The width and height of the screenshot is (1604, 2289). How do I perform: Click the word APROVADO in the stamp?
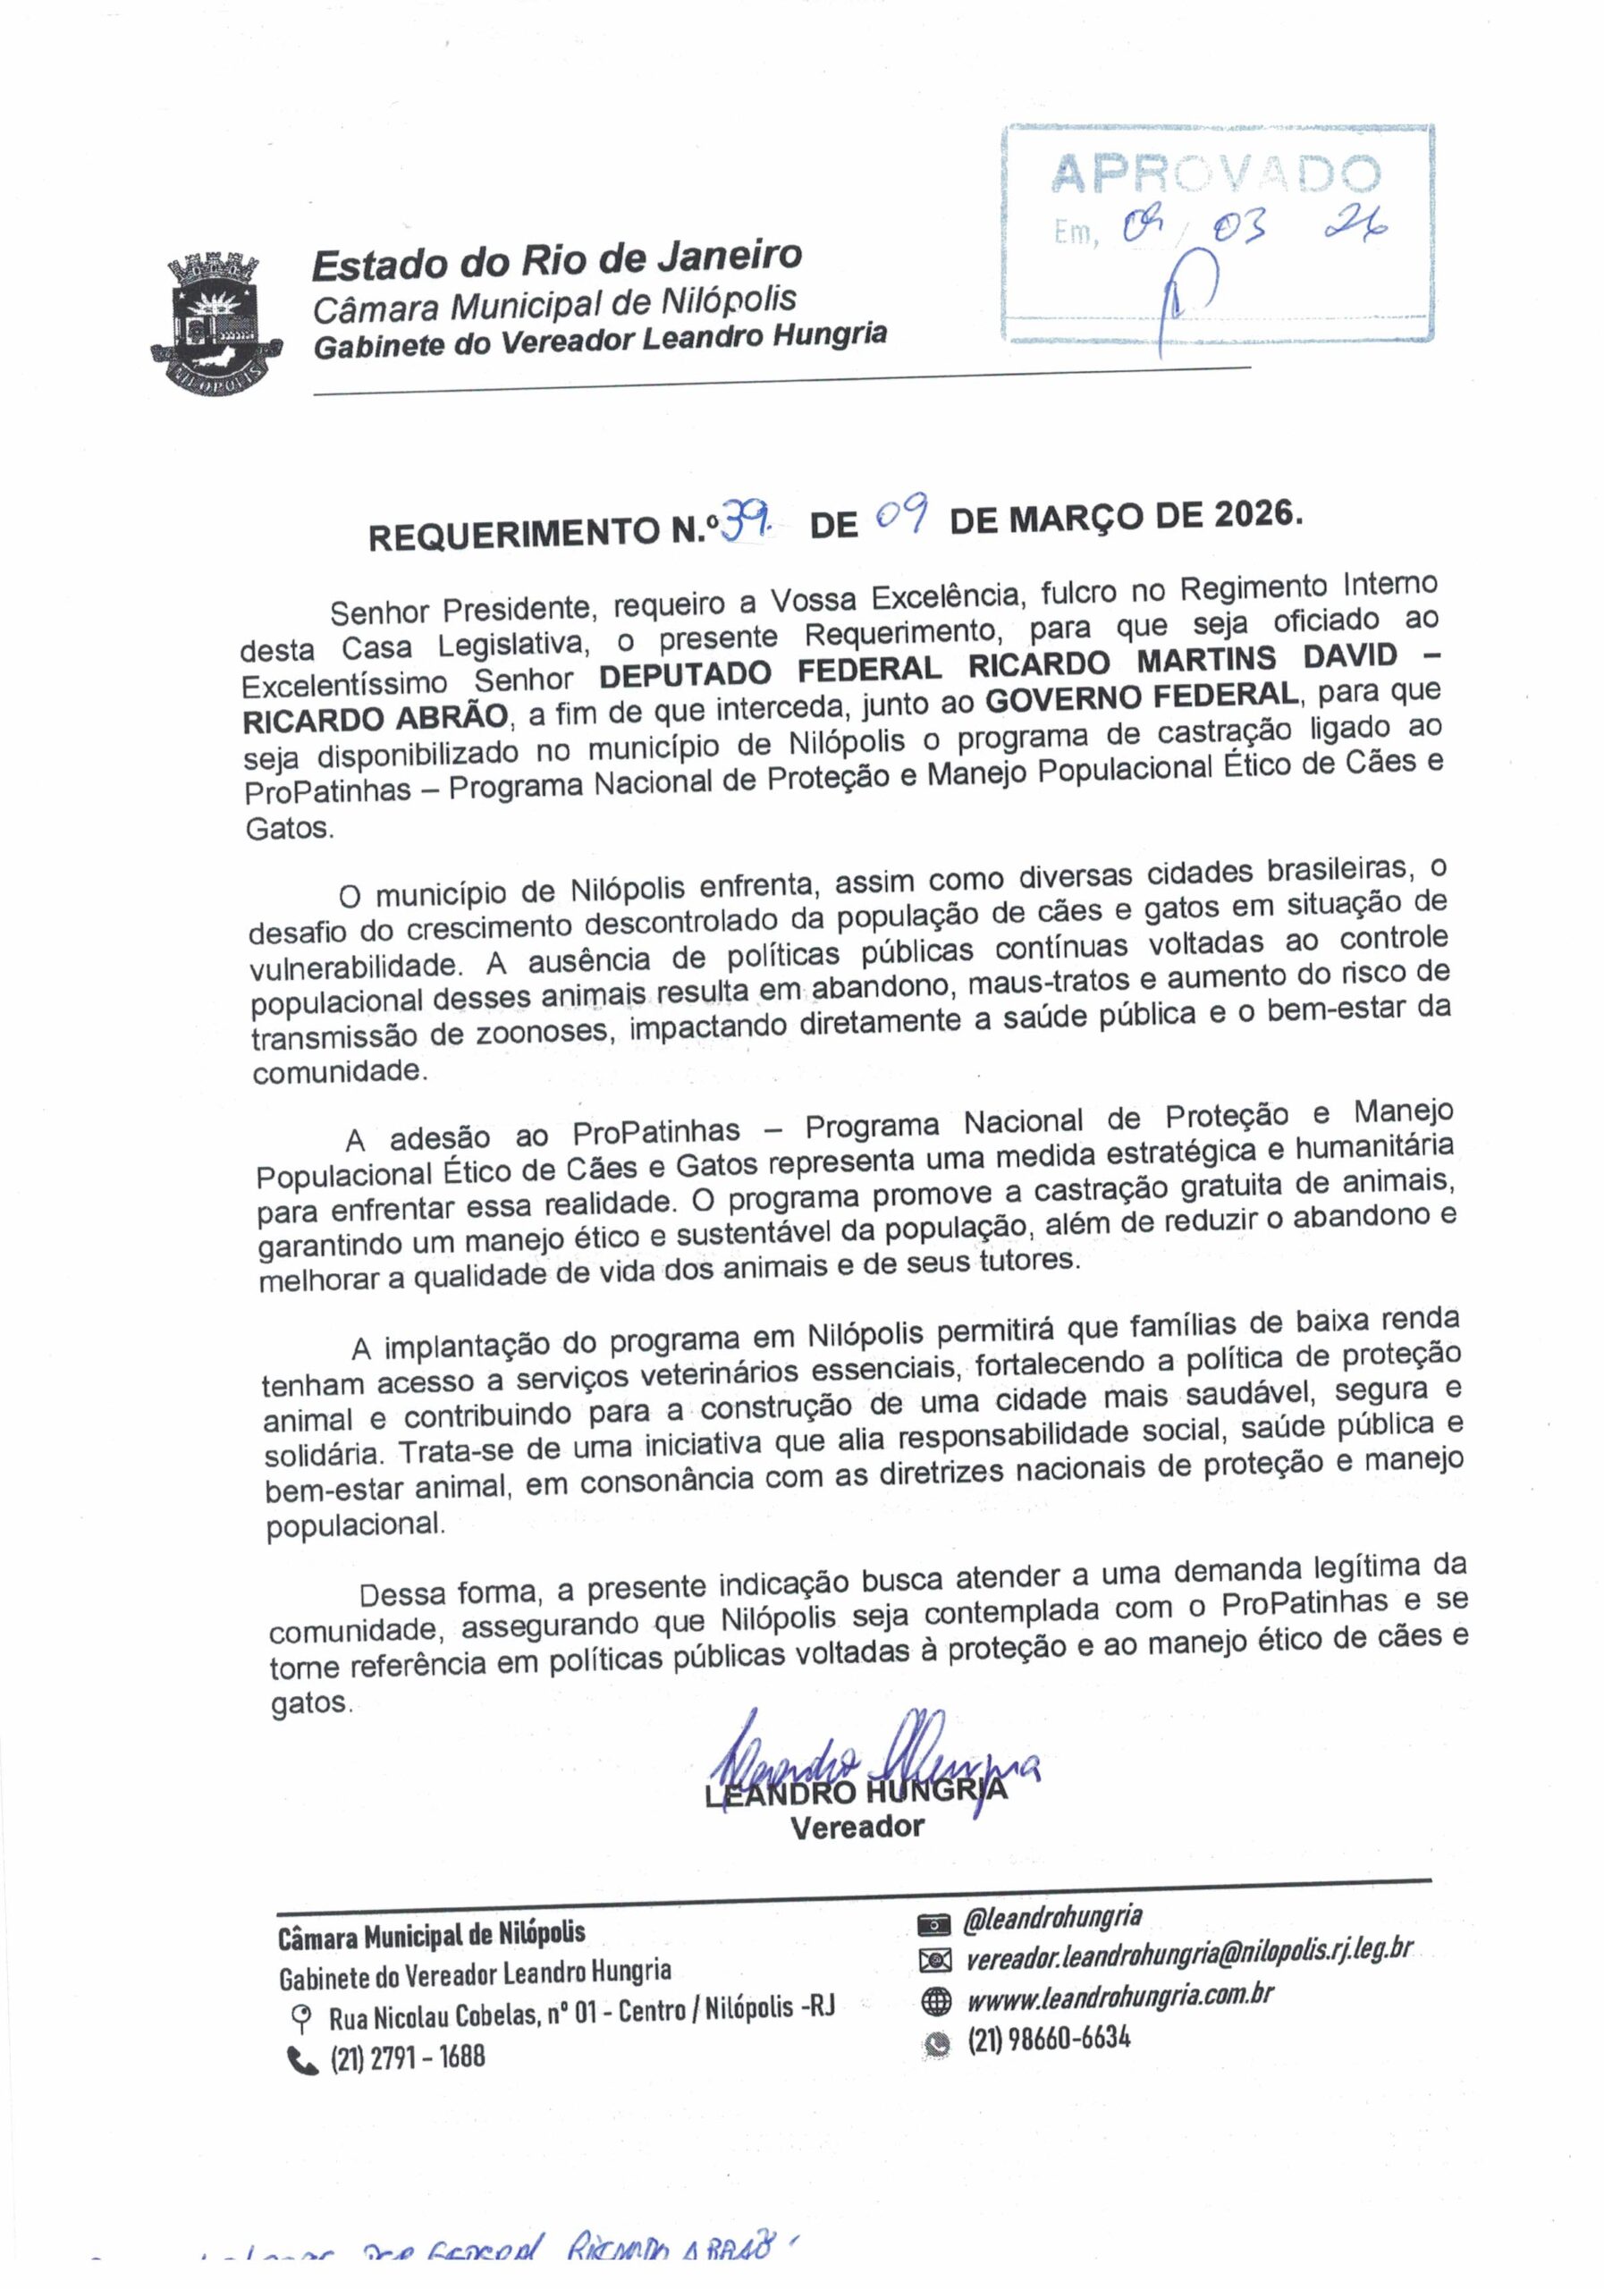(1214, 174)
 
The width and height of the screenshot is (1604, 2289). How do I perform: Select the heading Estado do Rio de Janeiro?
(556, 261)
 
